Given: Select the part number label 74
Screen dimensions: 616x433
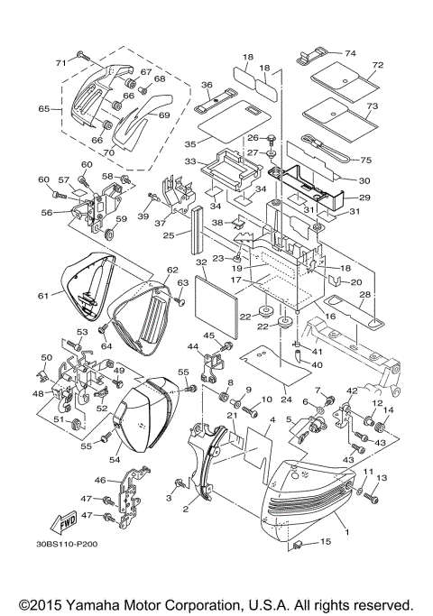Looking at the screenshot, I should [351, 52].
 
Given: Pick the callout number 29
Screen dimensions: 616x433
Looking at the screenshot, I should [365, 197].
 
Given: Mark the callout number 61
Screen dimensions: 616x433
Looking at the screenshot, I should [42, 295].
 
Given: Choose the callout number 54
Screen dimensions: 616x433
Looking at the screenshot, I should [115, 460].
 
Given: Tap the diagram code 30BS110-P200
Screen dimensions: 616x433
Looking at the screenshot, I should [68, 570].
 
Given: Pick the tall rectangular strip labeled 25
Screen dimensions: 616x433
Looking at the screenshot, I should [193, 229].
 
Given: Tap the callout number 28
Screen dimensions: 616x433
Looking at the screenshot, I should [364, 294].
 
